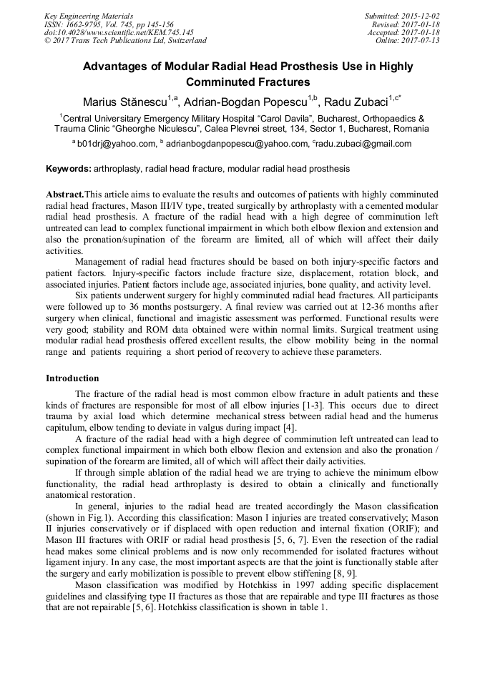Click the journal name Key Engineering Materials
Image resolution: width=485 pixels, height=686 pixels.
[88, 16]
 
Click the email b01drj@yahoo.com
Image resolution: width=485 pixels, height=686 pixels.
[116, 144]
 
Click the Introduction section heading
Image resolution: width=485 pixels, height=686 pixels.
[72, 378]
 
